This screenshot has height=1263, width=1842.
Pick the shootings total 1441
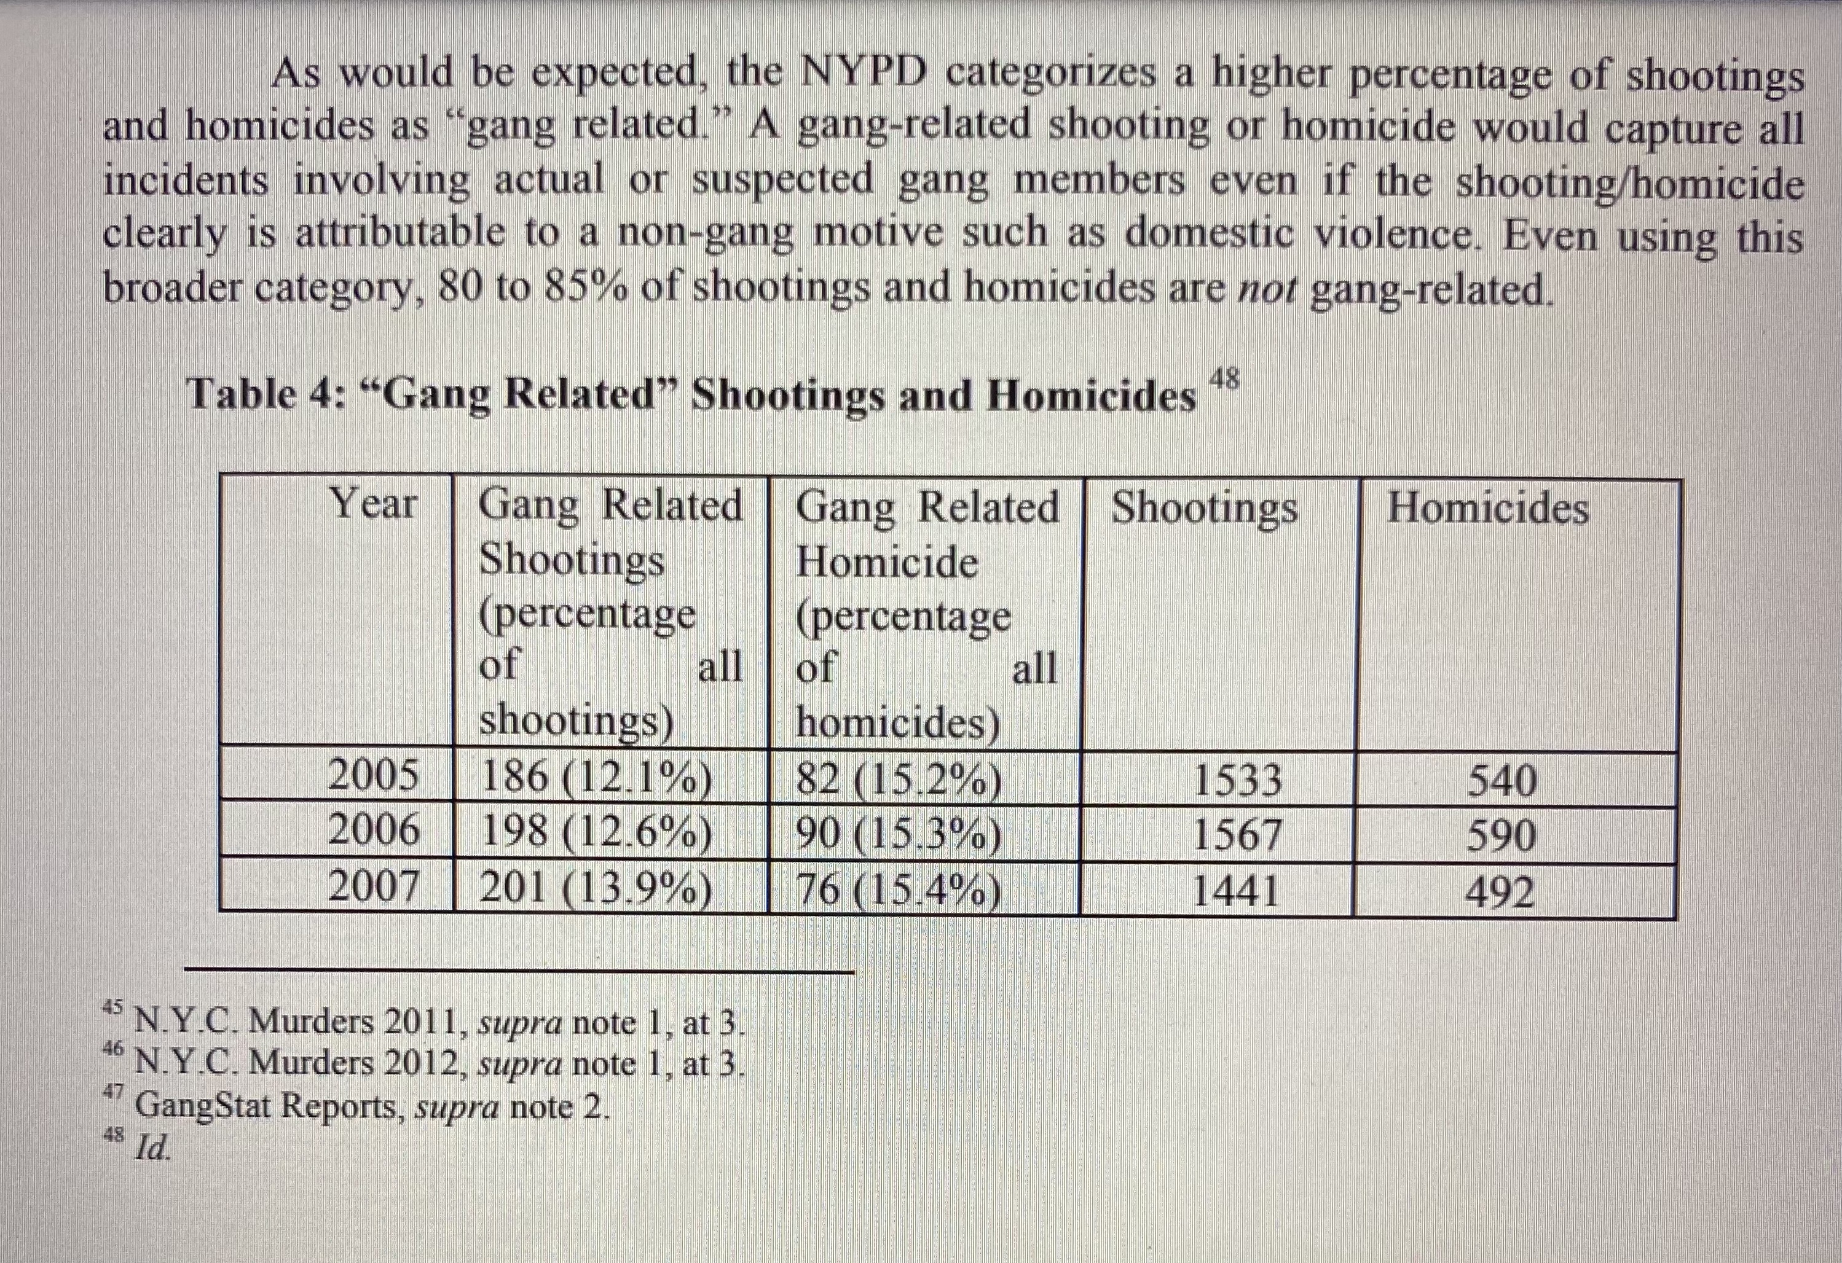click(x=1235, y=891)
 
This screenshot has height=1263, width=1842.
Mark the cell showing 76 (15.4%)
click(x=898, y=891)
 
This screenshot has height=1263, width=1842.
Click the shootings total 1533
click(x=1237, y=780)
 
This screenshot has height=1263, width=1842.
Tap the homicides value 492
click(x=1500, y=892)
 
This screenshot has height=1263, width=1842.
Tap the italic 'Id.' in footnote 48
click(x=152, y=1148)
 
